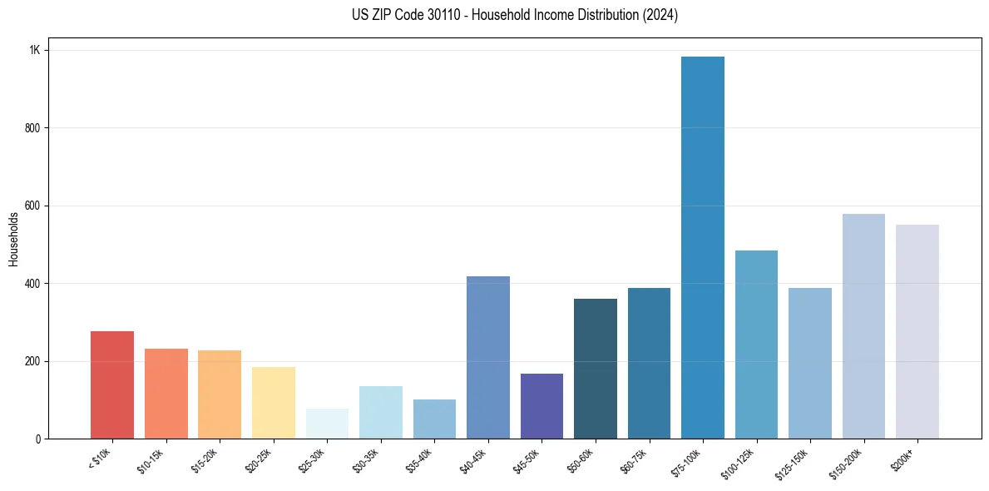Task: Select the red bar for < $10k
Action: tap(112, 384)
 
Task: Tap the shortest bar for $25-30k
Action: tap(327, 424)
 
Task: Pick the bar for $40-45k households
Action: tap(488, 357)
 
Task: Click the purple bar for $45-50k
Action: tap(541, 406)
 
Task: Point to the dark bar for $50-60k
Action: tap(596, 369)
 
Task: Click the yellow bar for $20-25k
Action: tap(274, 403)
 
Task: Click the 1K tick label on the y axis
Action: tap(34, 50)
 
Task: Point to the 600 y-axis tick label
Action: tap(32, 206)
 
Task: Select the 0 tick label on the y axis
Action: tap(37, 439)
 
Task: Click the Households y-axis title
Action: tap(13, 239)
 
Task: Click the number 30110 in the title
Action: tap(438, 15)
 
